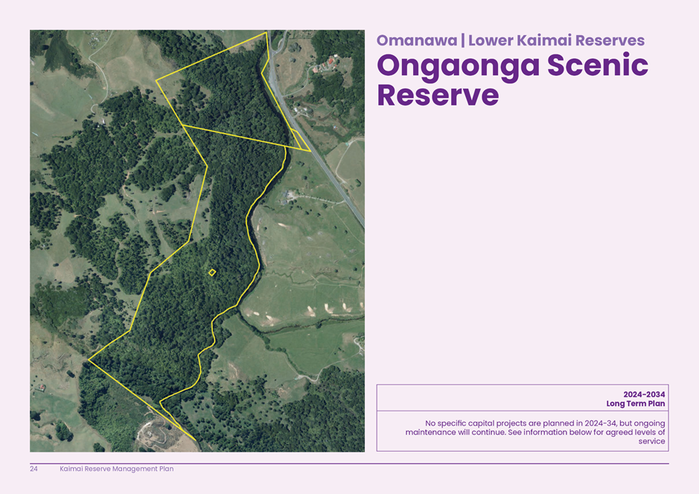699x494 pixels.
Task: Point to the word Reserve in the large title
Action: point(438,96)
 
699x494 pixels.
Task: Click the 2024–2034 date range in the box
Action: point(644,394)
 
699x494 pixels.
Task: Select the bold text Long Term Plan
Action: point(636,404)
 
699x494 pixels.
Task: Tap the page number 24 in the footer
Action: point(34,469)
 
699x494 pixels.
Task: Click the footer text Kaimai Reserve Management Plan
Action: point(116,469)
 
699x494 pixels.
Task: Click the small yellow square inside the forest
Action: point(212,273)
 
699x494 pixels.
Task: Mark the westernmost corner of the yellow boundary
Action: point(89,360)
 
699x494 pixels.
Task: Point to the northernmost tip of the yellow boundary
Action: point(266,33)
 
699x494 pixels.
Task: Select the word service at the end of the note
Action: point(651,441)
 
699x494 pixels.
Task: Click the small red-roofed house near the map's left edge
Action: point(42,388)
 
